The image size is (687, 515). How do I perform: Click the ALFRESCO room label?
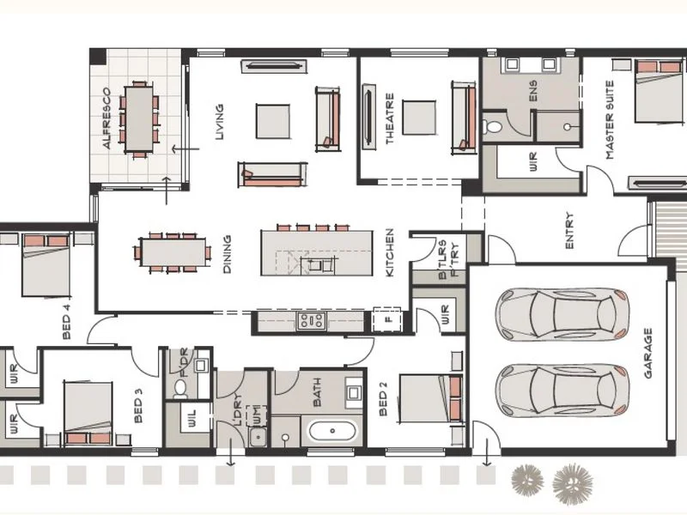pos(107,118)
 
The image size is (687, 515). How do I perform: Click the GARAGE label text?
pos(648,353)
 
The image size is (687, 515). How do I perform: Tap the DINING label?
pos(228,255)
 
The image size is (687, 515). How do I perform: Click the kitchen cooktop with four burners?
pos(310,321)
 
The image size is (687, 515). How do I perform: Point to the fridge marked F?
pos(386,320)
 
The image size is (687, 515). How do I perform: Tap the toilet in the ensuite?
pos(493,127)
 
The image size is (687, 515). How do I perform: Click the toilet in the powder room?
pos(180,388)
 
